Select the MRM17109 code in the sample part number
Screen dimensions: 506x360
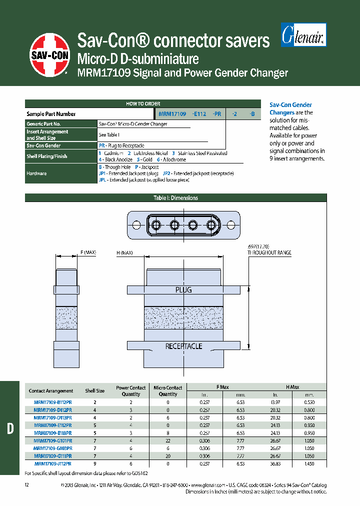coord(172,114)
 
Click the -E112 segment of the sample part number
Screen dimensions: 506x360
coord(198,114)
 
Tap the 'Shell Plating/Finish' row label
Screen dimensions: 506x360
coord(47,156)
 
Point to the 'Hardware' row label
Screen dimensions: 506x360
coord(36,173)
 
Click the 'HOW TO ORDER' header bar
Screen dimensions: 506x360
coord(143,104)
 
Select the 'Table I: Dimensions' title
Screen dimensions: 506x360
coord(175,198)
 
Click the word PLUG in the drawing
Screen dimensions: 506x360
coord(183,290)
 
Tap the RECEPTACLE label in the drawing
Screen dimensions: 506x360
coord(183,346)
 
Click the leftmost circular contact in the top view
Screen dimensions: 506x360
coord(156,224)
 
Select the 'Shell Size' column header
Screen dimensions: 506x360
coord(94,391)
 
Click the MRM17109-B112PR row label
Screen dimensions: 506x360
coord(52,402)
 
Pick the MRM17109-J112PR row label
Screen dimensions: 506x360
coord(52,463)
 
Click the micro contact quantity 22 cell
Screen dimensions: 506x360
coord(167,440)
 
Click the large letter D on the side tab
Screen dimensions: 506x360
coord(10,428)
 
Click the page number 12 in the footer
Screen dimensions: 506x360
coord(27,485)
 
